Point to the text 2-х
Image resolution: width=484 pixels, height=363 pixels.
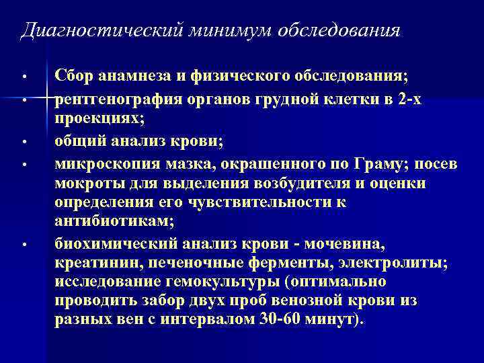409,101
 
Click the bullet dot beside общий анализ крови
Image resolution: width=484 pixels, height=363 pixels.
23,142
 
